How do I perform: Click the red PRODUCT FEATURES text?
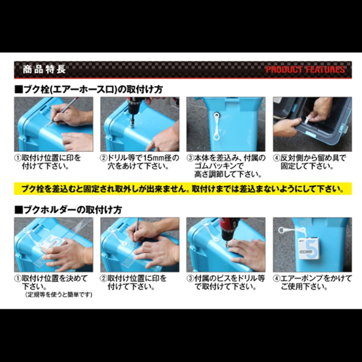pos(305,70)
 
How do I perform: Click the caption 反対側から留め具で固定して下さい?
pos(312,163)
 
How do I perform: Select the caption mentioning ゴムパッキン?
pos(226,166)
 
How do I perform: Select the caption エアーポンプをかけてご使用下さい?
pos(312,283)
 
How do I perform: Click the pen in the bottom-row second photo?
pos(136,232)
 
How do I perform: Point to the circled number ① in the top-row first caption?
pos(18,159)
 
